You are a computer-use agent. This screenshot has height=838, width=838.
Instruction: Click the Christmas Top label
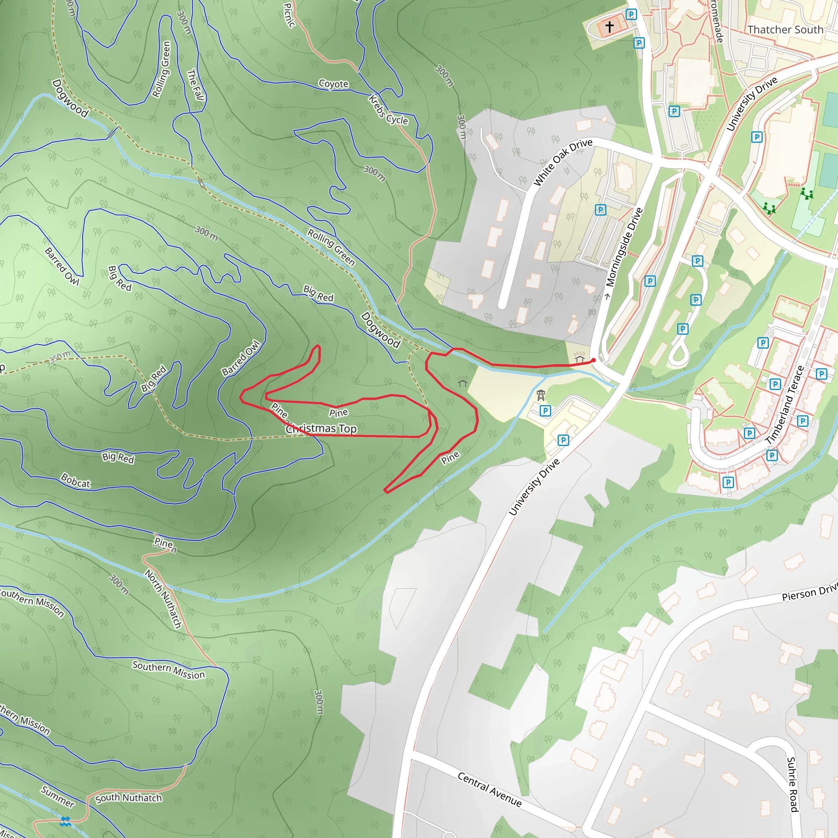(x=321, y=428)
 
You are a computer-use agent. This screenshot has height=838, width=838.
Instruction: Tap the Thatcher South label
(x=785, y=29)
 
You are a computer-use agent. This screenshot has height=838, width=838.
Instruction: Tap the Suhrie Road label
(x=792, y=784)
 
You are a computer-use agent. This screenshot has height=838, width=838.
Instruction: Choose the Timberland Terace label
(x=785, y=405)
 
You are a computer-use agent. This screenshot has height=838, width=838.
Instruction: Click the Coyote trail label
(x=333, y=84)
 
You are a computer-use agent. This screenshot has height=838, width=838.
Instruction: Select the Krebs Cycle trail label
(x=388, y=110)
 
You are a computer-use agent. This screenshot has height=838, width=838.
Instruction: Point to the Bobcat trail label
(x=76, y=481)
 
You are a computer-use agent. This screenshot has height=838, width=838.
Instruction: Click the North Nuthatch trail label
(x=163, y=599)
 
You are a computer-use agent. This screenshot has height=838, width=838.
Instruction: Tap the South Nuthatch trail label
(x=128, y=798)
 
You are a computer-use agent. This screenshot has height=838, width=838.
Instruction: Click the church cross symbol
(x=609, y=27)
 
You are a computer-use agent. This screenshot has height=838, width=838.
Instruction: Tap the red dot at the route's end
(x=593, y=360)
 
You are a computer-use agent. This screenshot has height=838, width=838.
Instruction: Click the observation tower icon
(x=541, y=396)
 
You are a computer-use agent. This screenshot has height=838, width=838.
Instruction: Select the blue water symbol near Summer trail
(x=65, y=821)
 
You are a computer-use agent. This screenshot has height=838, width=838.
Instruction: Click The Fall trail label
(x=195, y=85)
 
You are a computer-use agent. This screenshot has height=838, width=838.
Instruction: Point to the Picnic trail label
(x=289, y=15)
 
